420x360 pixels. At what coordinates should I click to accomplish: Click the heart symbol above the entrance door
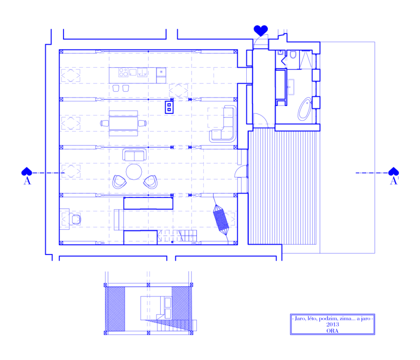tap(260, 30)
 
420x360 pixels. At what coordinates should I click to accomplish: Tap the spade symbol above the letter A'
tap(393, 172)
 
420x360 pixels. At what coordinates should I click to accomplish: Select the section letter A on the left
tap(27, 181)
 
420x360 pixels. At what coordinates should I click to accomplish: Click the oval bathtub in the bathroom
tap(304, 109)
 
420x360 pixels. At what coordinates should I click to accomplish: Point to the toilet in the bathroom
tap(293, 55)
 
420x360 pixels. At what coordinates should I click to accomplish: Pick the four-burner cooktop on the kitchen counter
tap(123, 72)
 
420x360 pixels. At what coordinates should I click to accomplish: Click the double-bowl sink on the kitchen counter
tap(142, 72)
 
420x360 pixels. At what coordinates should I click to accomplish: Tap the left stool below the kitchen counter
tap(115, 88)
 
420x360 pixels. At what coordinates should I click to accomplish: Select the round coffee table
tap(134, 172)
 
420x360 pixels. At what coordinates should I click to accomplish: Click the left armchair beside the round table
tap(119, 182)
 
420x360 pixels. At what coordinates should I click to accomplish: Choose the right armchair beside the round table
tap(151, 182)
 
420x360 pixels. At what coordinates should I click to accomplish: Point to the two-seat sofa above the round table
tap(134, 155)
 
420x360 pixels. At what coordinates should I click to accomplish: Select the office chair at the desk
tap(76, 219)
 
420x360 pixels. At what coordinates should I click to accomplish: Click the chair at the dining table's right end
tap(142, 123)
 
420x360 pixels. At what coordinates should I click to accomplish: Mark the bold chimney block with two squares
tap(169, 107)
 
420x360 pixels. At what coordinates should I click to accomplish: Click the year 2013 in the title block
tap(332, 324)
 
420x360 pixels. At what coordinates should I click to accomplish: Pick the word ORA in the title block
tap(332, 331)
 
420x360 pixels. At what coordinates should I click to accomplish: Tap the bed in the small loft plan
tap(156, 308)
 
